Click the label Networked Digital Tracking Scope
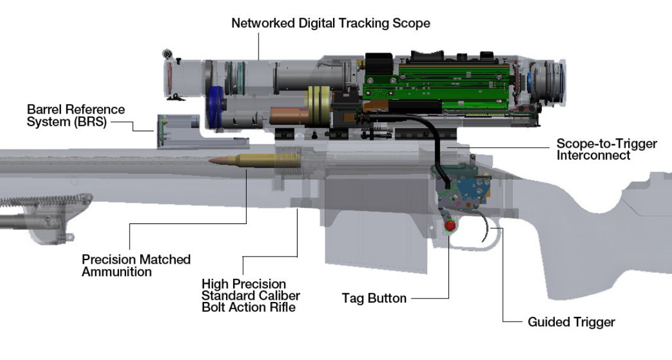click(330, 24)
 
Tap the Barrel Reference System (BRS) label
click(76, 116)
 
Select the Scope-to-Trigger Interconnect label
click(607, 150)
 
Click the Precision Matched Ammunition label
click(136, 265)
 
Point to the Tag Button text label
click(374, 299)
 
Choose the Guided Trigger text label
click(571, 322)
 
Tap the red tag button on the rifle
click(451, 226)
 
